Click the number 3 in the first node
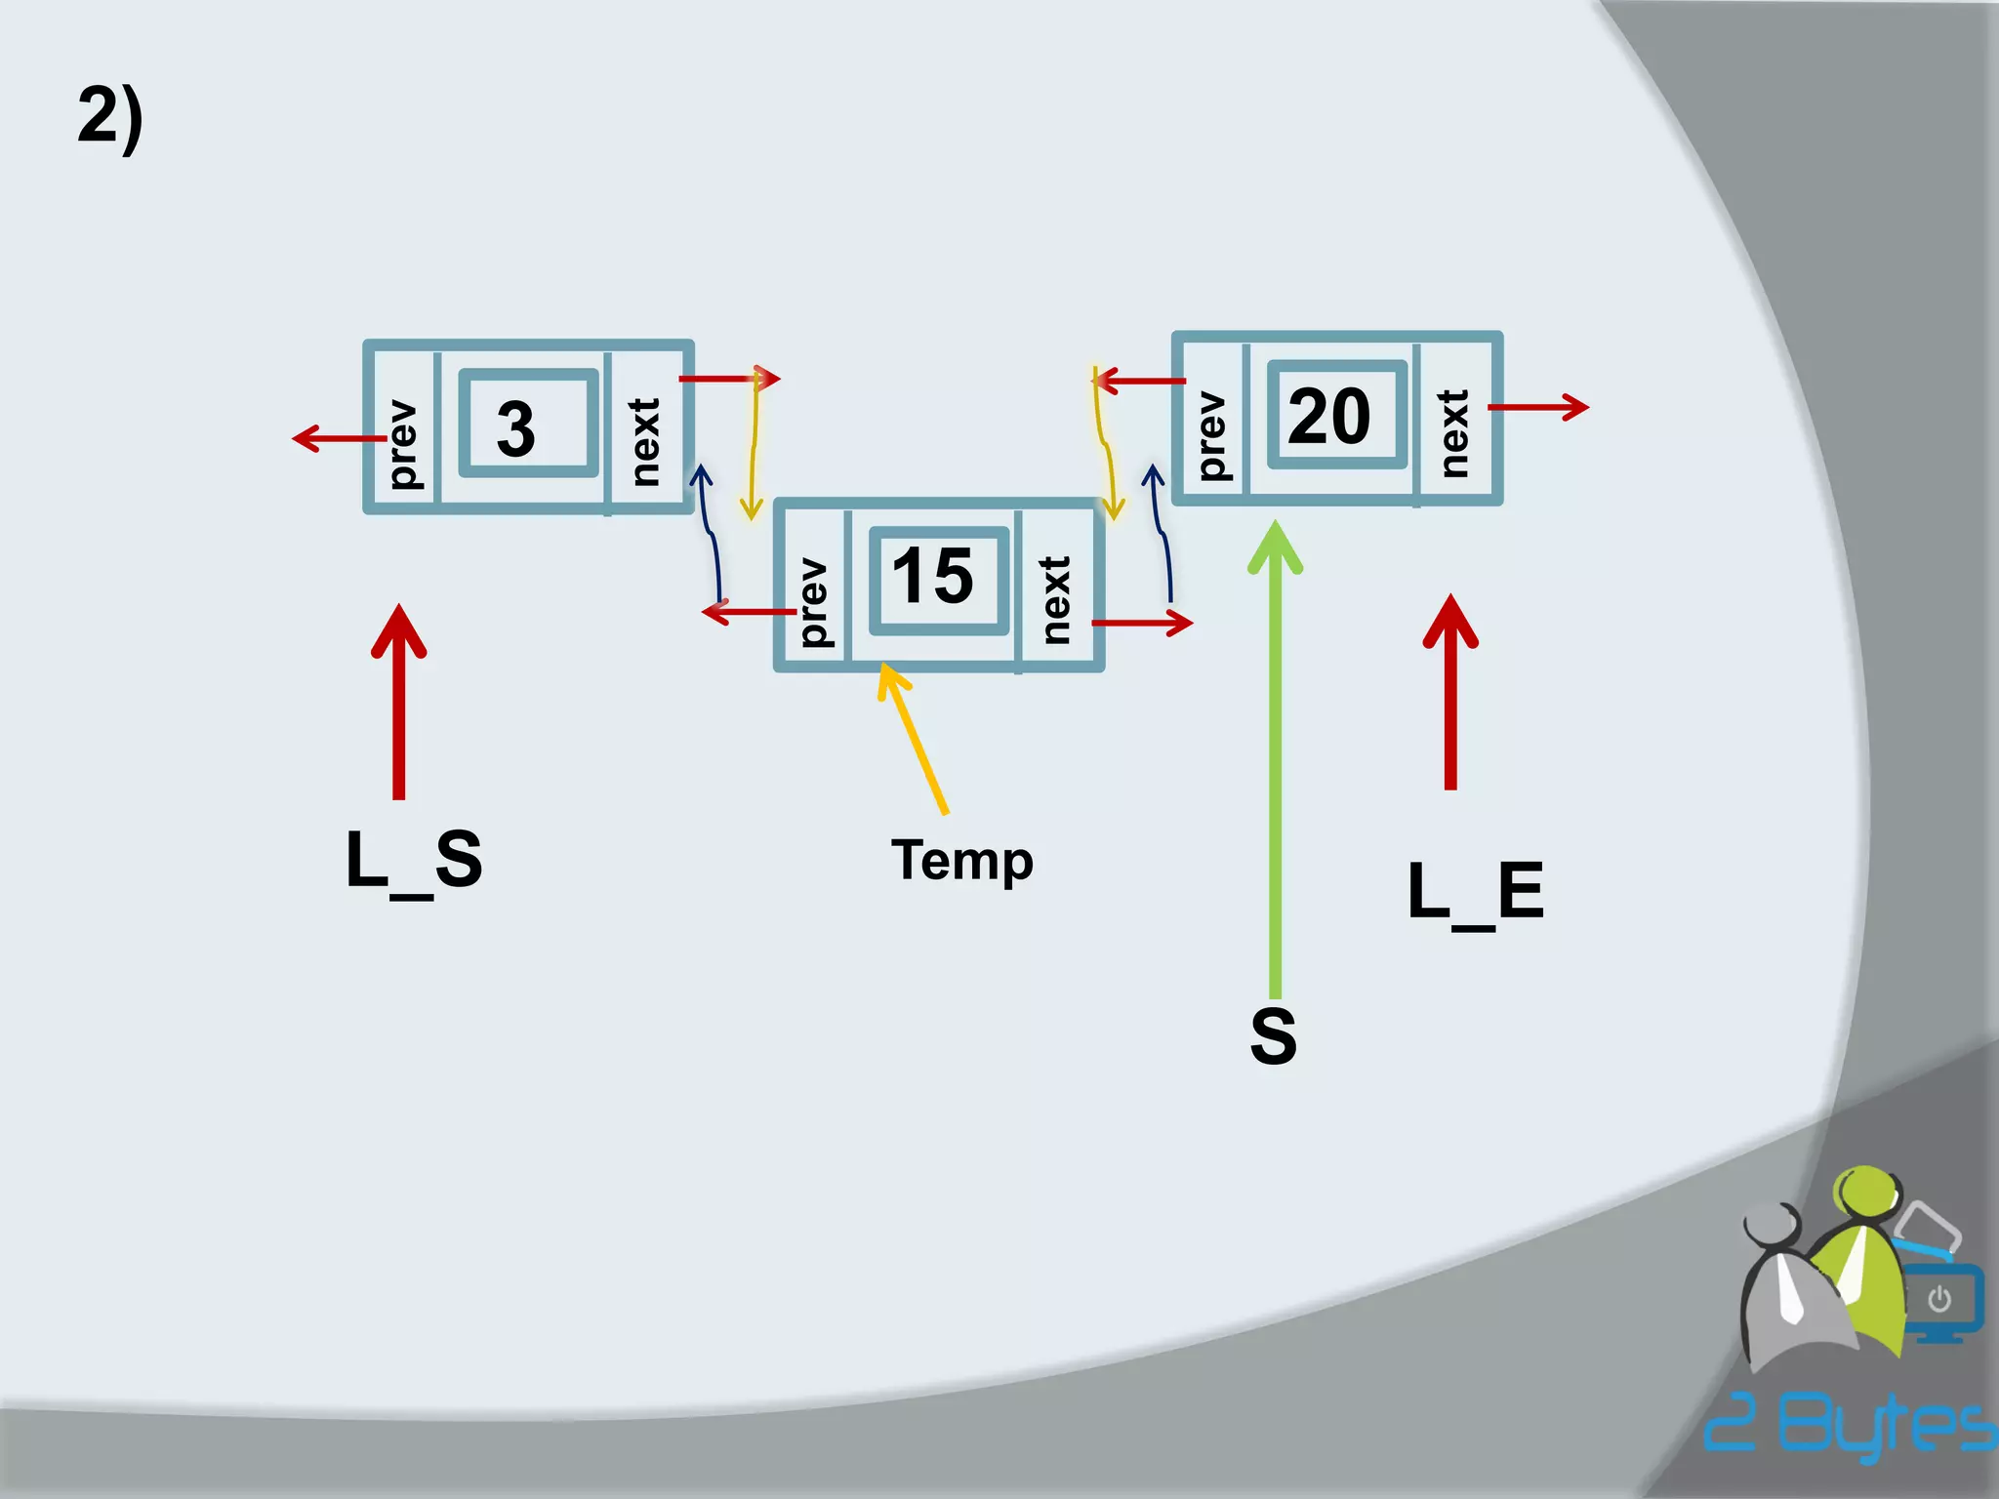515,428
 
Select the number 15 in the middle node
933,576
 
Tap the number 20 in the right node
1329,417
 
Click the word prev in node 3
402,444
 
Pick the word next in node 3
644,442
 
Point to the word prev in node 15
813,602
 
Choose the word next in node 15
1055,600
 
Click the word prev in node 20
1211,435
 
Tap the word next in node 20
1453,433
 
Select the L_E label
1475,892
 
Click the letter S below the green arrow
1274,1036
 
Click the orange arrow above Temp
914,738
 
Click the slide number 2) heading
110,117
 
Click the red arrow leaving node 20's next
1538,407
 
